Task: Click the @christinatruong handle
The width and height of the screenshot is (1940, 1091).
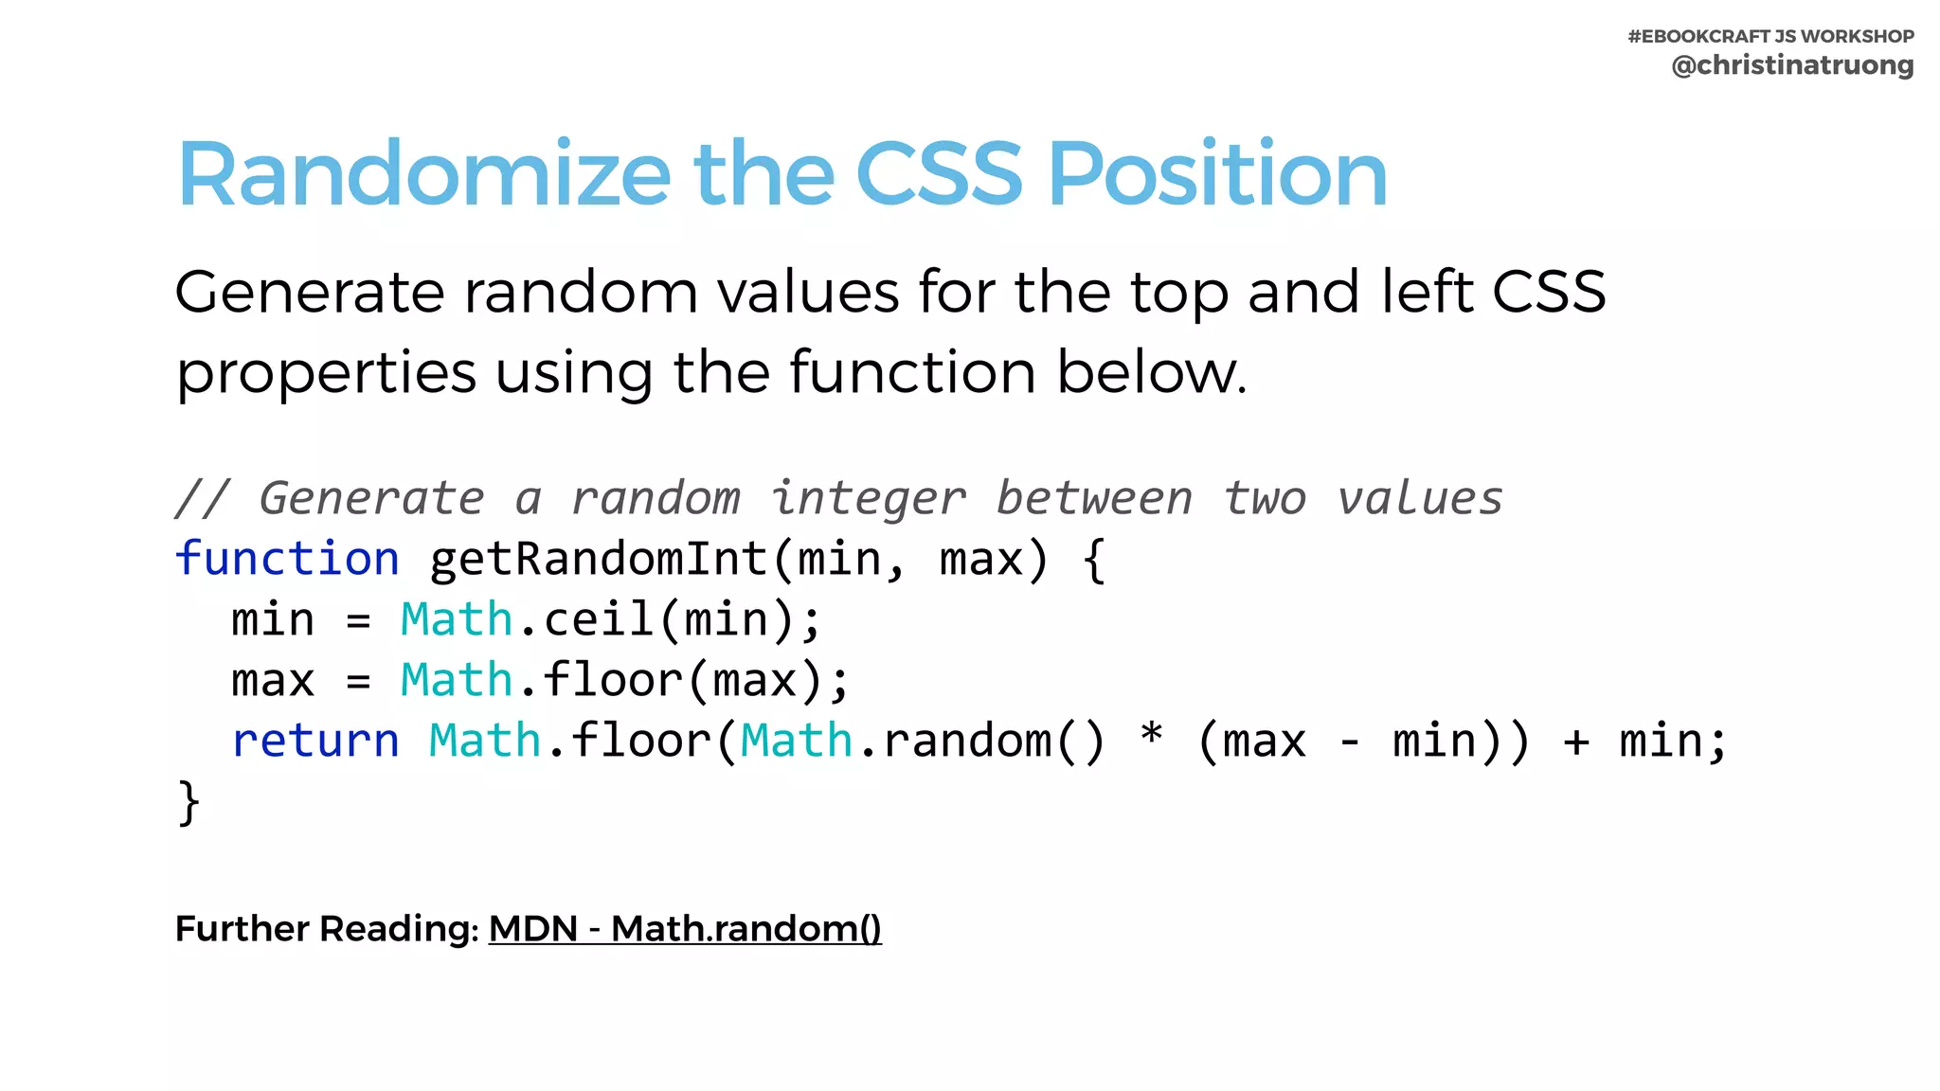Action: pyautogui.click(x=1792, y=65)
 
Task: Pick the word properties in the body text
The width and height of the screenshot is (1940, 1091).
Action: pyautogui.click(x=326, y=373)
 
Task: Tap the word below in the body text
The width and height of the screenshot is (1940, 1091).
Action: pyautogui.click(x=1150, y=371)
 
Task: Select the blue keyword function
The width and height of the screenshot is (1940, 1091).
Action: pyautogui.click(x=287, y=558)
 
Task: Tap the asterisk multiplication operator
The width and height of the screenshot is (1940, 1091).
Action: pyautogui.click(x=1151, y=736)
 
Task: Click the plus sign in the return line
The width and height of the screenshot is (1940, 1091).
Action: pyautogui.click(x=1576, y=742)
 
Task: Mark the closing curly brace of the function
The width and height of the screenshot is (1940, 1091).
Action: pyautogui.click(x=189, y=802)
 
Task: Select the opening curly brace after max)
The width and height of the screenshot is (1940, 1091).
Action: pyautogui.click(x=1094, y=559)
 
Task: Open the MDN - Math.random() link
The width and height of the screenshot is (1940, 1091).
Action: pyautogui.click(x=685, y=929)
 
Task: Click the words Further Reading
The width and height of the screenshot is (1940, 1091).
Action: pyautogui.click(x=327, y=929)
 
